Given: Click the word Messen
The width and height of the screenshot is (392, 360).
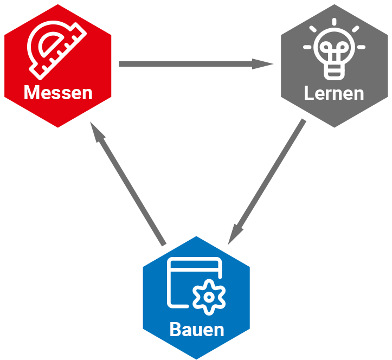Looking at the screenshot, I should click(58, 93).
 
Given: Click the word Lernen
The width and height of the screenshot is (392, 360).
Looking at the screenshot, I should click(333, 93).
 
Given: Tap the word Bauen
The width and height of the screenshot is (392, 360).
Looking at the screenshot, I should click(196, 329).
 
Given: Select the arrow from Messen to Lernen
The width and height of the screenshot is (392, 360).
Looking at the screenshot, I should click(190, 64).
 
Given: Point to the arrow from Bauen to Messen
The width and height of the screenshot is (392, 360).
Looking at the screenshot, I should click(130, 184).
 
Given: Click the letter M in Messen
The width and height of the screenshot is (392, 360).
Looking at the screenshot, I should click(32, 93).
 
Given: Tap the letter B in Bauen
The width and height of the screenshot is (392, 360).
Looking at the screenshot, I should click(175, 329).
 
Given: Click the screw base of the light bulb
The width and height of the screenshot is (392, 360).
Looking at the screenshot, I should click(334, 71).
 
